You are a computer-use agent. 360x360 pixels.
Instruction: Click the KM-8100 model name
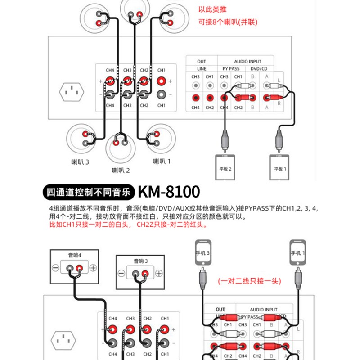coord(169,192)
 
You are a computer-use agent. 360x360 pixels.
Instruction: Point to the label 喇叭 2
coord(121,171)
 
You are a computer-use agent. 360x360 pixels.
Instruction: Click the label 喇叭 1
coord(162,162)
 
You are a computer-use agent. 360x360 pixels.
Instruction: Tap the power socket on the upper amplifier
coord(72,93)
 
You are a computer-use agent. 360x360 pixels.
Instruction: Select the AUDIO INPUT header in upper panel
coord(247,61)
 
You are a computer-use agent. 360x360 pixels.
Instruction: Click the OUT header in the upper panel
coord(202,61)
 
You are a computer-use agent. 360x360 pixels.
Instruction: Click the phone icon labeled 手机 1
coord(297,252)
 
